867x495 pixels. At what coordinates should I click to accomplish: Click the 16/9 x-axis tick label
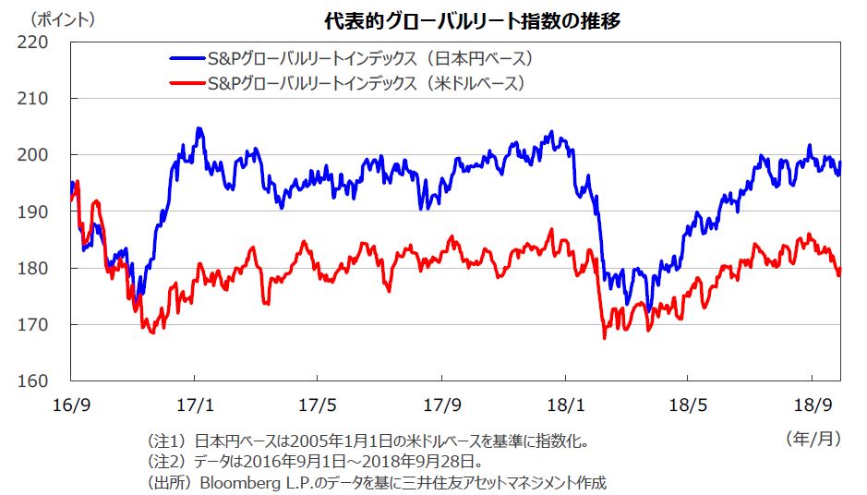click(x=71, y=404)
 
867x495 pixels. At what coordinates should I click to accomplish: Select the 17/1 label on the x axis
click(x=194, y=404)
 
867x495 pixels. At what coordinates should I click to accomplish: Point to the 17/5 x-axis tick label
click(x=318, y=404)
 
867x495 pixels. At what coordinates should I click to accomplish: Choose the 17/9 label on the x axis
click(x=441, y=404)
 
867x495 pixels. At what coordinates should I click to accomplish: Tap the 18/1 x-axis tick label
click(x=564, y=404)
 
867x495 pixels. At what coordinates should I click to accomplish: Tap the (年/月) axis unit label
click(x=813, y=439)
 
